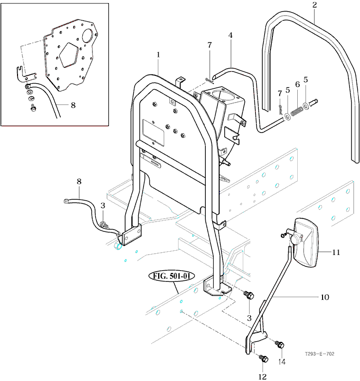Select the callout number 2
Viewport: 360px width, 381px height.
point(314,6)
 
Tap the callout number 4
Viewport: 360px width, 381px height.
point(231,35)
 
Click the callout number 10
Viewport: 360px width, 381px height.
point(324,296)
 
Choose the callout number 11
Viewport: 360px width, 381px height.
point(336,252)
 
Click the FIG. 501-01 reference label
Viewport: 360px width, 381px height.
point(171,276)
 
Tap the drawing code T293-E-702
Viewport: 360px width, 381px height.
point(320,354)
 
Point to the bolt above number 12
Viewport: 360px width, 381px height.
point(263,358)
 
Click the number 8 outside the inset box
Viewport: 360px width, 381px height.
point(79,181)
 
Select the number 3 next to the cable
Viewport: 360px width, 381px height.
point(103,206)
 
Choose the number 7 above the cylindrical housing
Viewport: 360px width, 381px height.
point(210,45)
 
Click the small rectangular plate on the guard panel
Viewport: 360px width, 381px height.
point(152,131)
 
